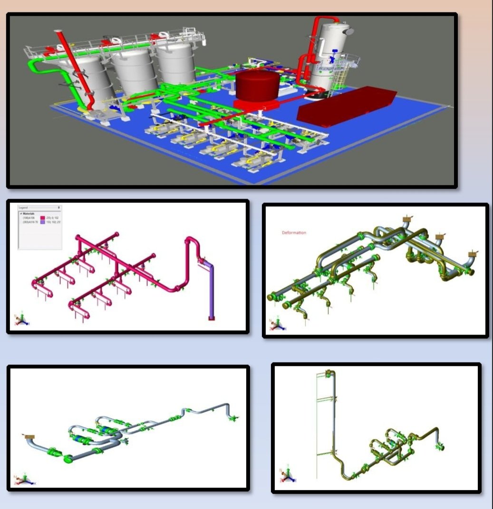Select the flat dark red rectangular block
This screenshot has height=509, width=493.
click(x=345, y=107)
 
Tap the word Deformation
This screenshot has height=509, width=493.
click(x=294, y=233)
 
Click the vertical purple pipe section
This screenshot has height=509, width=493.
click(x=211, y=290)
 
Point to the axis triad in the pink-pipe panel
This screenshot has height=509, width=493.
click(x=21, y=321)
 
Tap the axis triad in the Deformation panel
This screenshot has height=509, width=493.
click(x=275, y=325)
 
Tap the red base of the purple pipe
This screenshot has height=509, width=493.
click(x=212, y=318)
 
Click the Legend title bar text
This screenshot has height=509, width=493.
click(x=23, y=208)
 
